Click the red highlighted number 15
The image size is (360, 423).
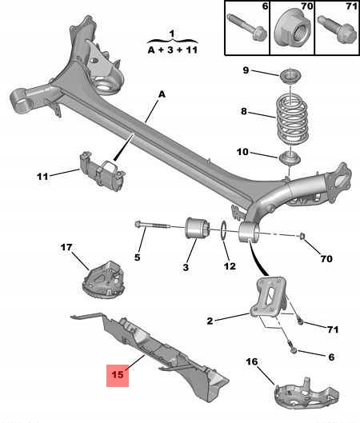(x=118, y=374)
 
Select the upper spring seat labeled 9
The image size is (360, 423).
(x=290, y=77)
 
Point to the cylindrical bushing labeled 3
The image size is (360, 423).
(x=195, y=228)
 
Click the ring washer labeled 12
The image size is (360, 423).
(x=224, y=230)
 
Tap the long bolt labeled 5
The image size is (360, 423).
(x=153, y=225)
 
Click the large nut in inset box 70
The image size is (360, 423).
(x=293, y=28)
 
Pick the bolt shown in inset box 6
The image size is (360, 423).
(x=247, y=27)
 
